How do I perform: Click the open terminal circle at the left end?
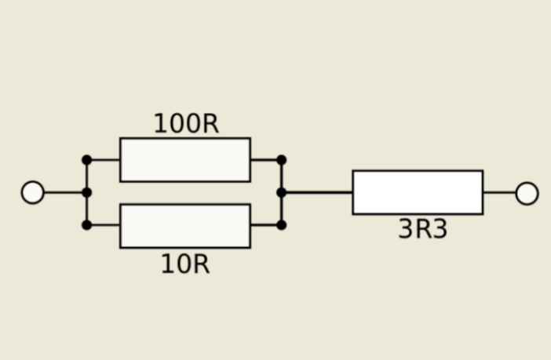(x=32, y=192)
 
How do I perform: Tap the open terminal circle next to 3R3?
(x=527, y=193)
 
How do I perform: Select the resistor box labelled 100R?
(x=185, y=160)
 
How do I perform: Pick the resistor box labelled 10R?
(x=185, y=226)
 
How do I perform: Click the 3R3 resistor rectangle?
(x=418, y=192)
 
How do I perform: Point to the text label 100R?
(x=185, y=124)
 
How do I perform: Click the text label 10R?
(x=185, y=264)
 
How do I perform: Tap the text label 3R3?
(x=422, y=229)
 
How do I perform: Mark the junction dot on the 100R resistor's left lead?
(x=86, y=160)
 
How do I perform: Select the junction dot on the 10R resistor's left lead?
(x=86, y=225)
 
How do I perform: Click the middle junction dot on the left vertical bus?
(x=86, y=192)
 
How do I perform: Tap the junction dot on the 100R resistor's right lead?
(x=281, y=160)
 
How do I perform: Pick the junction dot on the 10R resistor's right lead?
(x=281, y=225)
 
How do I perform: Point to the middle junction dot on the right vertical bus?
(x=281, y=192)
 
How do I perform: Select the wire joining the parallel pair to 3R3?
(x=318, y=192)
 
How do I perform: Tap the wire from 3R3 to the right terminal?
(x=499, y=192)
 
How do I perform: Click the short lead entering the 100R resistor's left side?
(x=104, y=160)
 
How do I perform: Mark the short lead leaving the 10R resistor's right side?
(x=265, y=225)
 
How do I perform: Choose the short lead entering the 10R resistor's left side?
(x=104, y=225)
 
